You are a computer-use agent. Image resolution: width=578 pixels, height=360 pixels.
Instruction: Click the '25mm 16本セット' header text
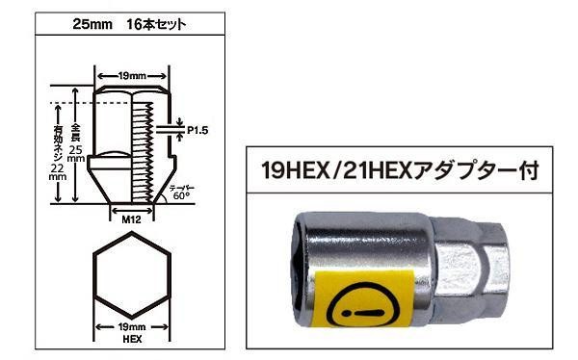[x=129, y=24]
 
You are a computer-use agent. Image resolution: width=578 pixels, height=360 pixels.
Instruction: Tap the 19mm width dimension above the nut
[x=132, y=76]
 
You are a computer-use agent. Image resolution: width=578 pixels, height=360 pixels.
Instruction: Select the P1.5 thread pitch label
[x=197, y=130]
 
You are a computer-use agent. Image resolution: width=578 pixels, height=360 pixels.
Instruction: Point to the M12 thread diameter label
[x=132, y=219]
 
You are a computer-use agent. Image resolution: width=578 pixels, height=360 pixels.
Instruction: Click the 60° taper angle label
[x=181, y=195]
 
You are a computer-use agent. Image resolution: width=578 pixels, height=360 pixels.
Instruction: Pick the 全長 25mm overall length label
[x=76, y=143]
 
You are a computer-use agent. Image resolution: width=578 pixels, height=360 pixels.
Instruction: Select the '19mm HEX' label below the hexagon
[x=132, y=333]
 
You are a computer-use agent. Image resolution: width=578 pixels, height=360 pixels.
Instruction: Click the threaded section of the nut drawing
[x=143, y=152]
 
